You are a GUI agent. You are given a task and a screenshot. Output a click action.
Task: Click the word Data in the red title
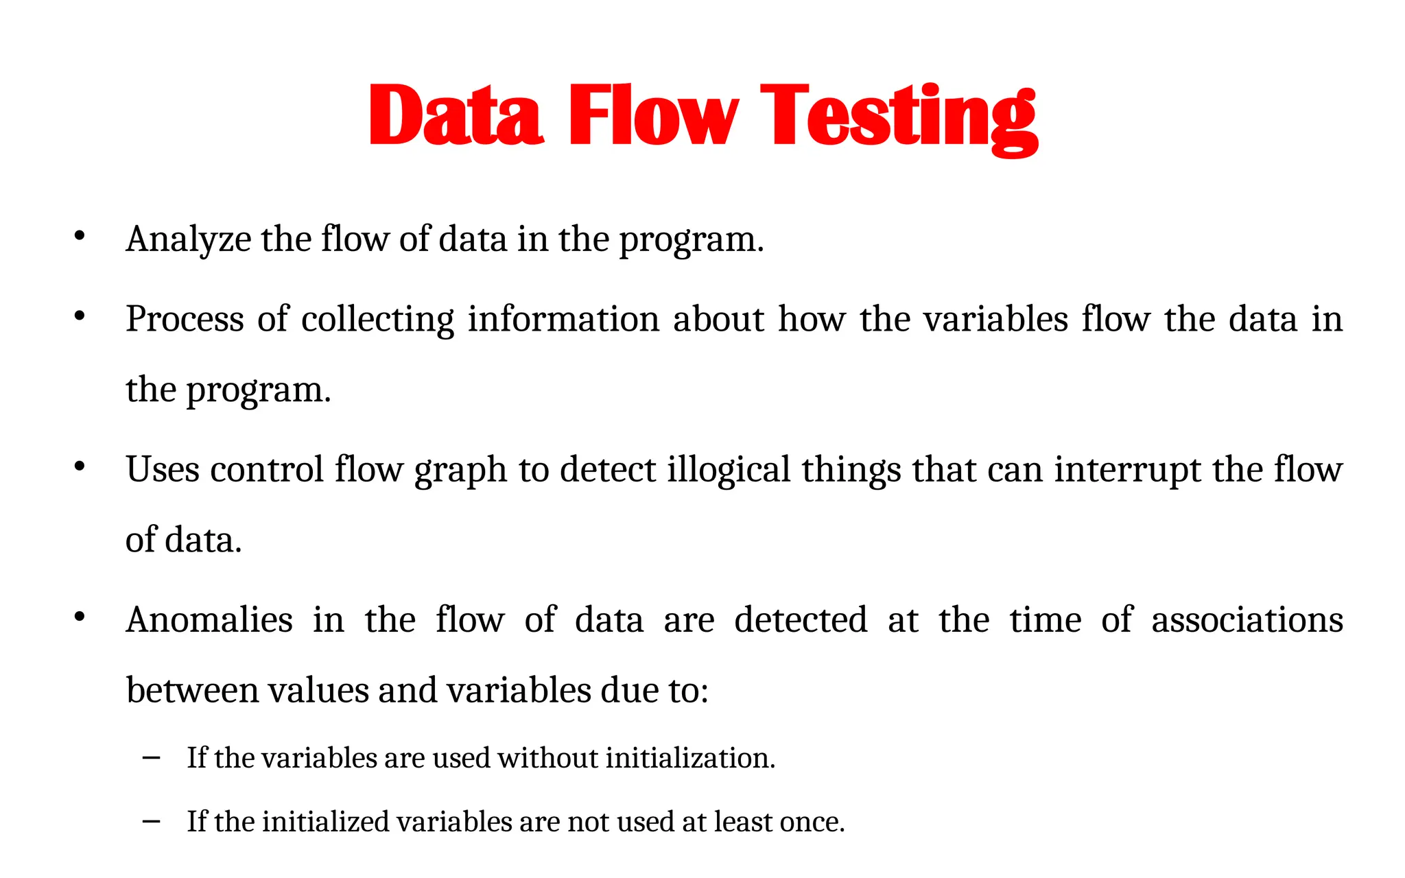[456, 115]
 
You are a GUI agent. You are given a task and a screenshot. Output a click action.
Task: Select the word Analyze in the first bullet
[189, 240]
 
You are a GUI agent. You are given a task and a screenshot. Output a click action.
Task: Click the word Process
[185, 320]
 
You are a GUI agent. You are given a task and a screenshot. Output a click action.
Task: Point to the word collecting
[377, 320]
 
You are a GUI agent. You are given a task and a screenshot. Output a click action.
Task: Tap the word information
[563, 320]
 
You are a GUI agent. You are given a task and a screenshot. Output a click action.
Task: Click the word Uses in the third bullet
[163, 470]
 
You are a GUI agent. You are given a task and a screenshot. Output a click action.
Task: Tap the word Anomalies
[210, 620]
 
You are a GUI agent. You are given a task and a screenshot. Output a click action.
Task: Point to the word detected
[801, 620]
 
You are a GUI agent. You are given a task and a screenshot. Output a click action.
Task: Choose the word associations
[1247, 620]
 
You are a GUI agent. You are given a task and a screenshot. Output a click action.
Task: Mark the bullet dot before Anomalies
[80, 617]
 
